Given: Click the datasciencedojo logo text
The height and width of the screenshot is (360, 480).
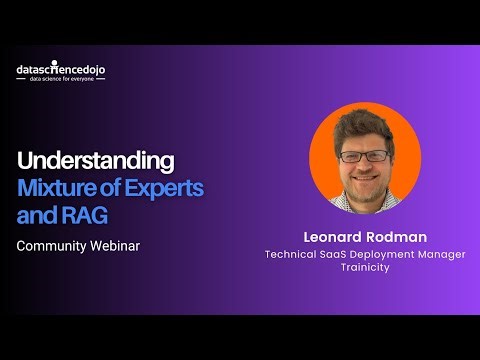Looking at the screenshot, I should pyautogui.click(x=60, y=69).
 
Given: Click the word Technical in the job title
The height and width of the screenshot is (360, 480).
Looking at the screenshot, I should pyautogui.click(x=293, y=254).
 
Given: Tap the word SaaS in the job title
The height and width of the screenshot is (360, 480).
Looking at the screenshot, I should pyautogui.click(x=340, y=254).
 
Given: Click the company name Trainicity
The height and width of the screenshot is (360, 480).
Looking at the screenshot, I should pyautogui.click(x=364, y=268).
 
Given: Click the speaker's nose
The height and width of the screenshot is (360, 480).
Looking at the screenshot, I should pyautogui.click(x=363, y=167).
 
